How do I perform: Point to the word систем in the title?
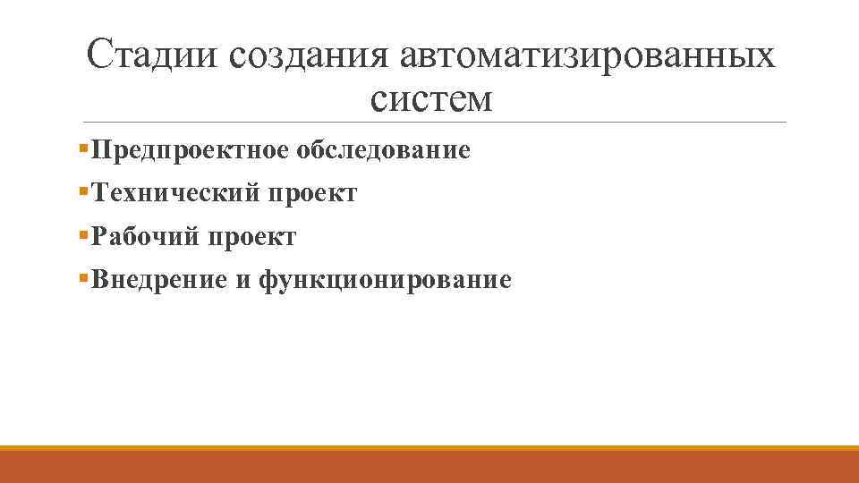[x=430, y=98]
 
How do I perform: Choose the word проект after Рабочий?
[x=252, y=237]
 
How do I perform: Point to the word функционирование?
[x=385, y=281]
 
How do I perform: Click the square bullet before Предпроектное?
[x=82, y=147]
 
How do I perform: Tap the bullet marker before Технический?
[x=82, y=191]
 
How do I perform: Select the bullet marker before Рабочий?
[x=82, y=234]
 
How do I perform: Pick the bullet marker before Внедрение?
[x=82, y=278]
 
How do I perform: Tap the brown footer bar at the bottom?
[x=429, y=468]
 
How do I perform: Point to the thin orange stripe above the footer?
[x=429, y=448]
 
